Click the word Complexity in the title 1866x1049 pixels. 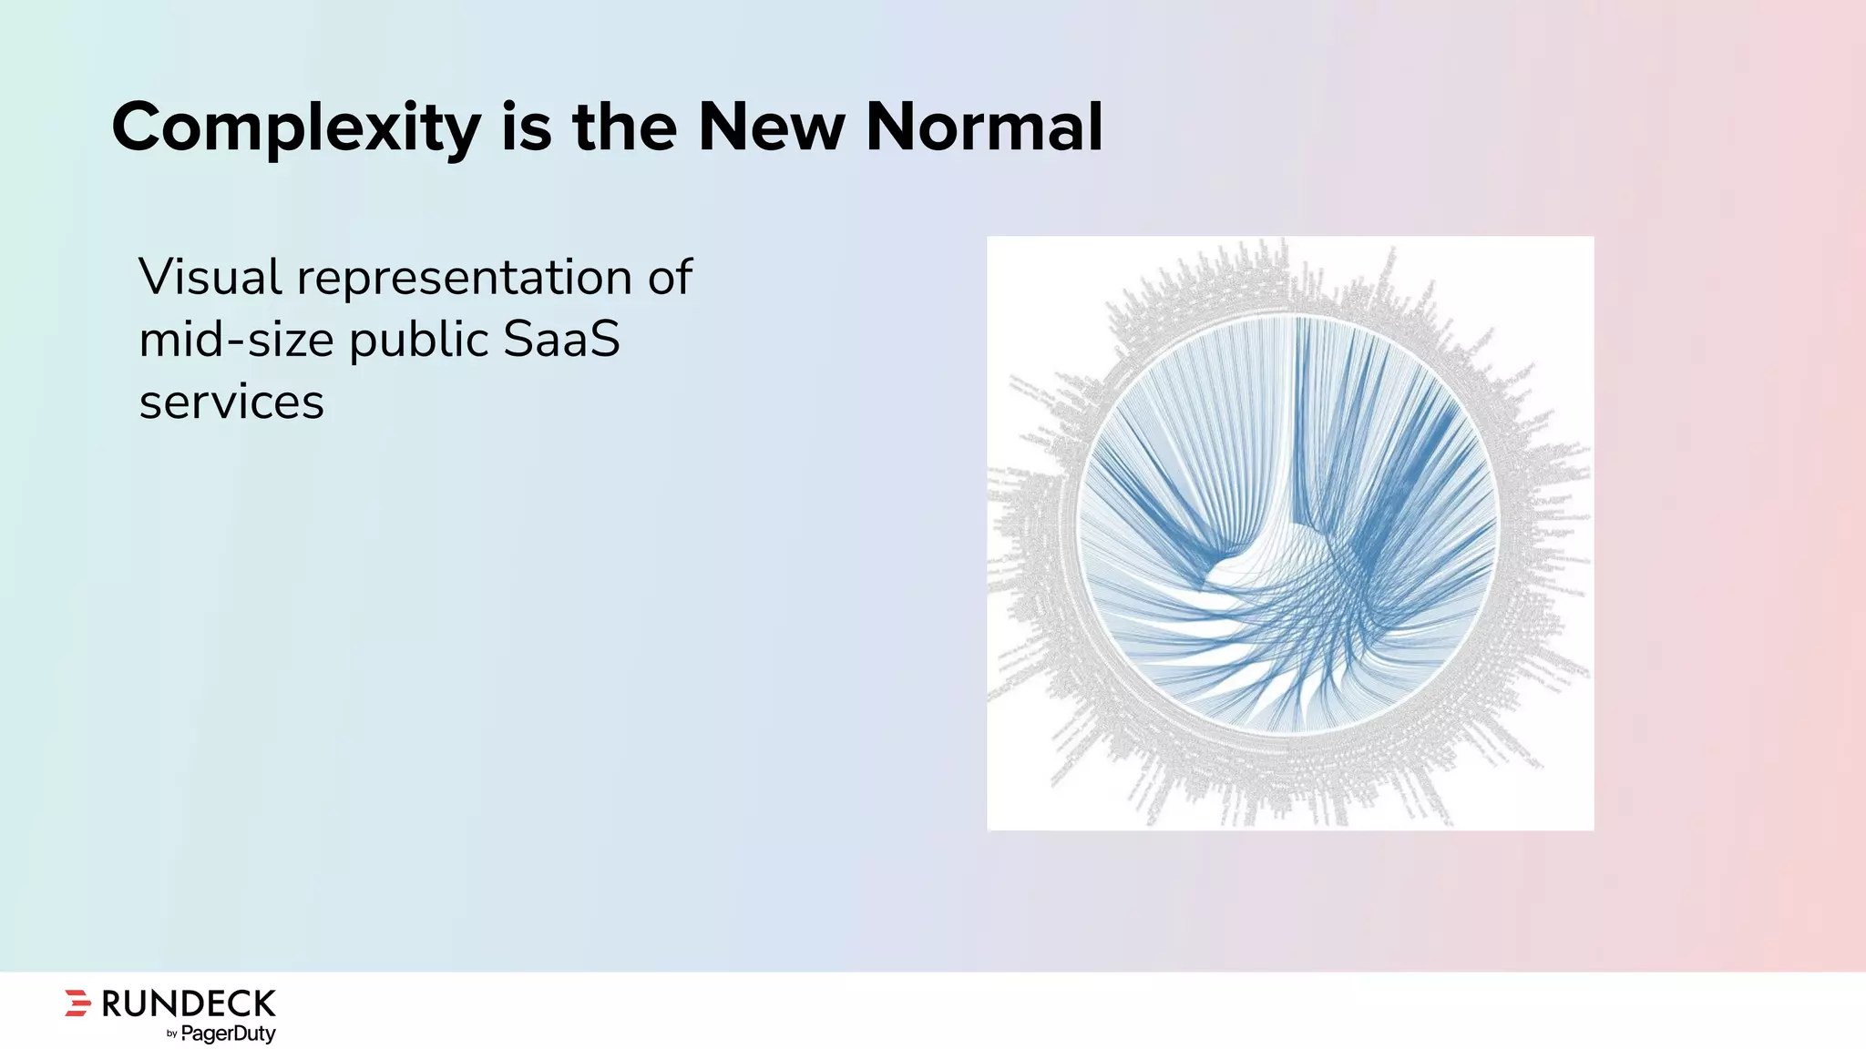point(295,128)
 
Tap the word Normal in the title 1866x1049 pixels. point(984,127)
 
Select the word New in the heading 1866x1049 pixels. point(771,127)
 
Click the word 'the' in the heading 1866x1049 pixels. point(624,127)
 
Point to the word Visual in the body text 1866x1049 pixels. point(210,277)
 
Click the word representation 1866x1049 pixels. point(465,279)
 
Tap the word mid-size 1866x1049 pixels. point(237,341)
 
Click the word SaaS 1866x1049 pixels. point(561,340)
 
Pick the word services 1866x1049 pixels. point(231,402)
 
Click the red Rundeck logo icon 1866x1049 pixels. point(78,1003)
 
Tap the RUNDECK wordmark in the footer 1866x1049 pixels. point(189,1003)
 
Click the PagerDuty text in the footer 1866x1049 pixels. point(228,1034)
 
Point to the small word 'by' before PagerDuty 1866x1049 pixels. point(172,1034)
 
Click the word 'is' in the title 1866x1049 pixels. point(527,127)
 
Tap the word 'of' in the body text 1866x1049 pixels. point(671,277)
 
